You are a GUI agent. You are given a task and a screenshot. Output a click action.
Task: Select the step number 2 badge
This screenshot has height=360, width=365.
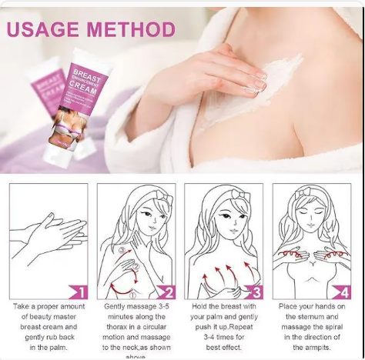[166, 292]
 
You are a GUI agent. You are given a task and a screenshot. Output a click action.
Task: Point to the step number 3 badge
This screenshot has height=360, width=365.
[253, 292]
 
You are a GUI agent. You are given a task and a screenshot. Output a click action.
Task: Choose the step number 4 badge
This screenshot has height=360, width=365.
[341, 292]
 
